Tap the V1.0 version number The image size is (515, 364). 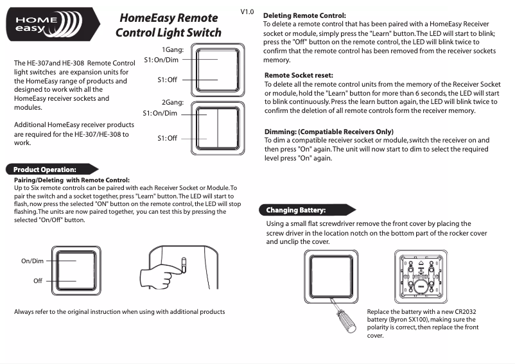(247, 12)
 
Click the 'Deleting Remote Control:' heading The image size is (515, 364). (305, 15)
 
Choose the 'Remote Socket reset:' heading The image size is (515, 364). (299, 75)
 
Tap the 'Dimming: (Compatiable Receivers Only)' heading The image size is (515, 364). (329, 132)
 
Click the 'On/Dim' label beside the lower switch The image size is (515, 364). (32, 261)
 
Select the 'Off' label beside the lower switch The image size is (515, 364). (38, 281)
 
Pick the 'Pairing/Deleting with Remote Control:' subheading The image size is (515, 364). (72, 180)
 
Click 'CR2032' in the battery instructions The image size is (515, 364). (462, 311)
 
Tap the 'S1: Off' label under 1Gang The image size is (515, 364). (167, 80)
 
